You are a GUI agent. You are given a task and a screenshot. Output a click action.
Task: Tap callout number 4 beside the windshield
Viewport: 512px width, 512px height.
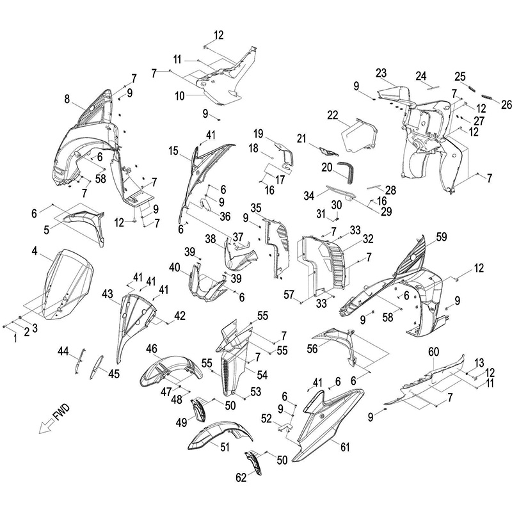[x=33, y=251]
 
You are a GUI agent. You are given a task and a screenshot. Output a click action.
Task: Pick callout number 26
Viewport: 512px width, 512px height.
[x=506, y=104]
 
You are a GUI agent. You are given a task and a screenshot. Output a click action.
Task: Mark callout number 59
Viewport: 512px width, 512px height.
[x=441, y=237]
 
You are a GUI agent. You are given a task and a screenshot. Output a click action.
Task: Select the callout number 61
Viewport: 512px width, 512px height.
[x=345, y=447]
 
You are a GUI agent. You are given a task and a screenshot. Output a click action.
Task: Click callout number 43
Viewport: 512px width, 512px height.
[x=107, y=293]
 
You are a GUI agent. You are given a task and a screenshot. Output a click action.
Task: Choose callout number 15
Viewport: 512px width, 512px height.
[x=173, y=150]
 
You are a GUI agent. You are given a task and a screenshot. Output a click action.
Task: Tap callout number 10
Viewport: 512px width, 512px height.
[x=180, y=95]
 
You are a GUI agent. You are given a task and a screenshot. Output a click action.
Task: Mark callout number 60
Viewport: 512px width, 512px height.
[x=433, y=351]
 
